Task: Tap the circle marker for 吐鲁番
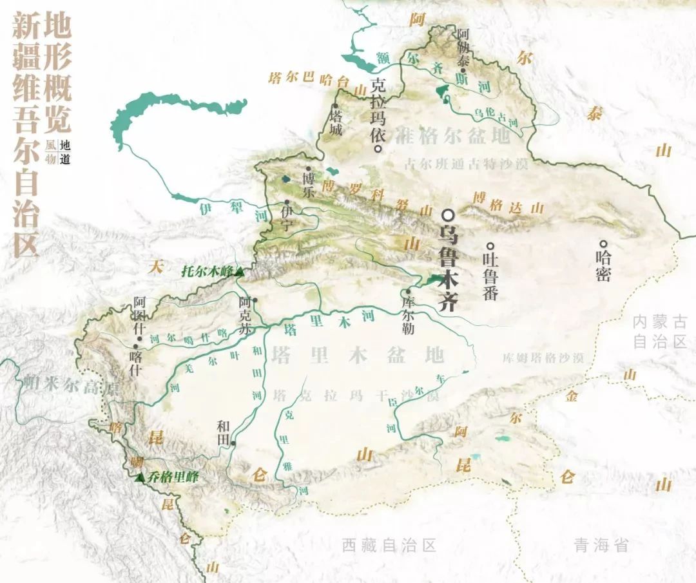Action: pyautogui.click(x=490, y=245)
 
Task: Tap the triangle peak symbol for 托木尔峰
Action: pyautogui.click(x=240, y=272)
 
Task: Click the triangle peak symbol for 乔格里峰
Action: pyautogui.click(x=140, y=477)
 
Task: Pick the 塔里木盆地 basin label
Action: pyautogui.click(x=358, y=355)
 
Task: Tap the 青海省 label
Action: pyautogui.click(x=601, y=546)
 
